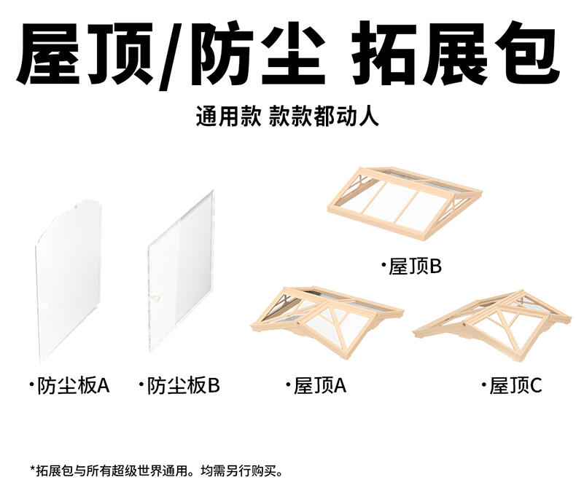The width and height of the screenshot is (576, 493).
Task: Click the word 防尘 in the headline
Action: click(259, 54)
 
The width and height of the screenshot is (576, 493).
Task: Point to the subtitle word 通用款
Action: click(227, 117)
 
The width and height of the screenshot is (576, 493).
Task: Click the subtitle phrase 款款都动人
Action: click(324, 117)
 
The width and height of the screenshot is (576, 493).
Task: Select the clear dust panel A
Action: click(67, 280)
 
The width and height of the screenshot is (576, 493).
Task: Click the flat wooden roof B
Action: click(405, 203)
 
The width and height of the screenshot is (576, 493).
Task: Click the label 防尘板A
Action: click(72, 384)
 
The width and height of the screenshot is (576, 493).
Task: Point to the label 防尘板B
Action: click(182, 384)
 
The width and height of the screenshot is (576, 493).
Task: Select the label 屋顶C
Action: click(515, 385)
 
